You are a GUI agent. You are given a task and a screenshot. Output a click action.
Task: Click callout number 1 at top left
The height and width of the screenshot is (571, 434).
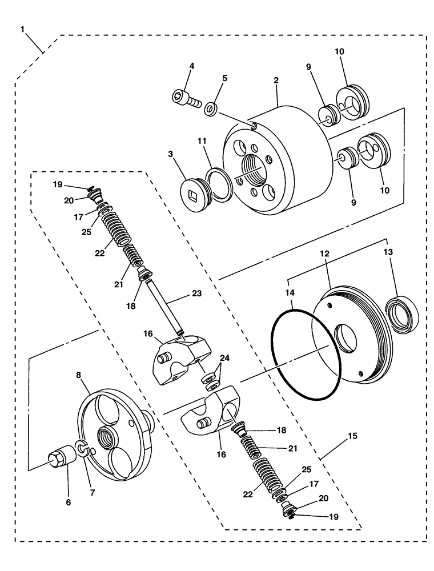22,28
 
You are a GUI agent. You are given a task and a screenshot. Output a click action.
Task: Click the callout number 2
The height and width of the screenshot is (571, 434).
276,81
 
